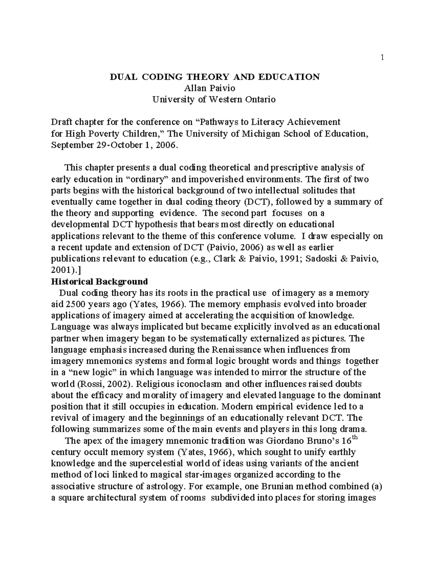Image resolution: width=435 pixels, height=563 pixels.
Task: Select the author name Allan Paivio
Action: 210,88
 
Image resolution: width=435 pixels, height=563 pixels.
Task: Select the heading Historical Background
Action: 100,282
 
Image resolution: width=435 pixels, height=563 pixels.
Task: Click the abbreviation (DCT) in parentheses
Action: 255,202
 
